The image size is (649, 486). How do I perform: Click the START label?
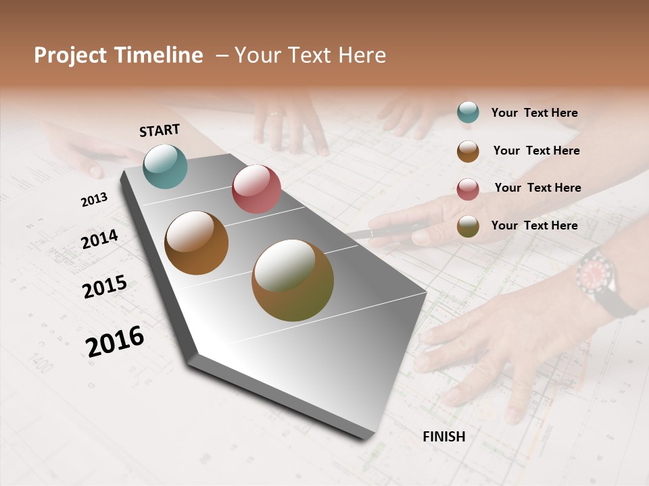160,130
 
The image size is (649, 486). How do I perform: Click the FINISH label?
443,437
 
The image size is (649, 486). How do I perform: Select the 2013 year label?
94,200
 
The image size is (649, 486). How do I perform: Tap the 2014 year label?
99,239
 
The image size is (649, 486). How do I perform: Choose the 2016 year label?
115,342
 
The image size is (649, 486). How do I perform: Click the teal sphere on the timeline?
165,166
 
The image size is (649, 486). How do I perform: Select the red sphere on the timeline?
256,189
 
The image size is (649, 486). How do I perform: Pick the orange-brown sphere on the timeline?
196,243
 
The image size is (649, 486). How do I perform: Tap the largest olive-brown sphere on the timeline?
293,280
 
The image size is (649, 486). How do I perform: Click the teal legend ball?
468,113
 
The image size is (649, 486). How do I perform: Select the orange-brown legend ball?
468,151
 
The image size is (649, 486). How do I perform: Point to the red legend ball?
468,189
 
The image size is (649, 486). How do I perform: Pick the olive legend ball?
468,227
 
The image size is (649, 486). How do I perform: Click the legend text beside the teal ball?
534,113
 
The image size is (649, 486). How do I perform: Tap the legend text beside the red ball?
537,188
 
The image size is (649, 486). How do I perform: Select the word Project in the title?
70,55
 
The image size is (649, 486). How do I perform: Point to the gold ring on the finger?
276,114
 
